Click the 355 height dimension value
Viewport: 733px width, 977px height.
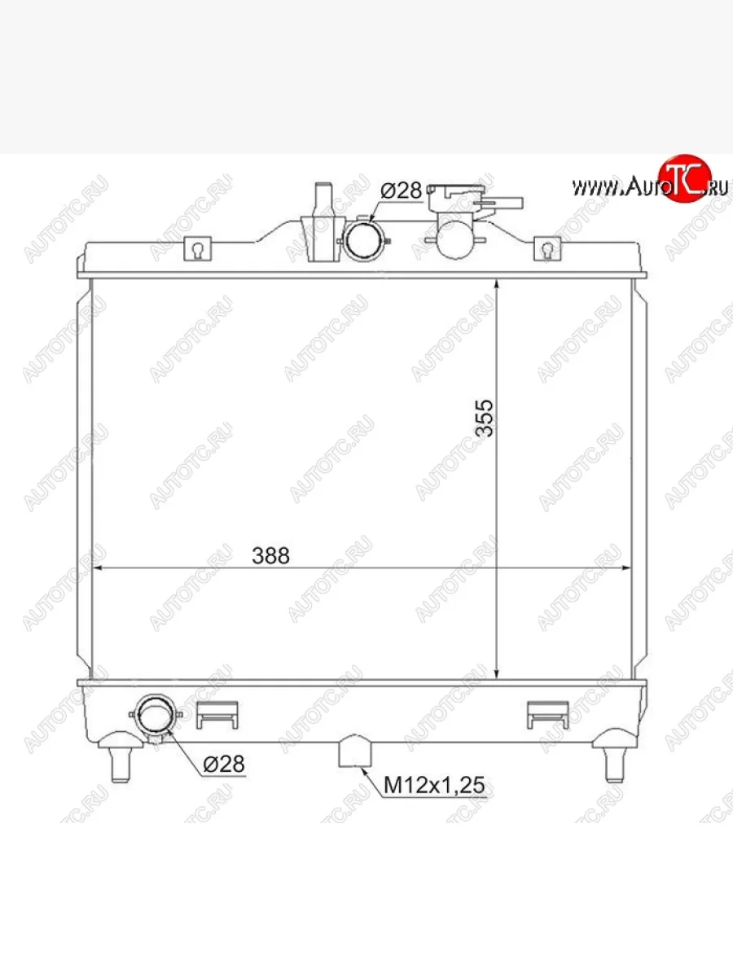pos(485,418)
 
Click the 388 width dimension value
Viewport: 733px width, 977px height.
pos(270,555)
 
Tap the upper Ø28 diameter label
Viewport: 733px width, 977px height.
pos(401,191)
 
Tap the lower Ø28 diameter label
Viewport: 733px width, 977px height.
pos(224,765)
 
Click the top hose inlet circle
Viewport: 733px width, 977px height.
pos(362,241)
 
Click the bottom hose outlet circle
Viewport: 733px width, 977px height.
pos(156,715)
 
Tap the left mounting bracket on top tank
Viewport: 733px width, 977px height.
pos(198,249)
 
